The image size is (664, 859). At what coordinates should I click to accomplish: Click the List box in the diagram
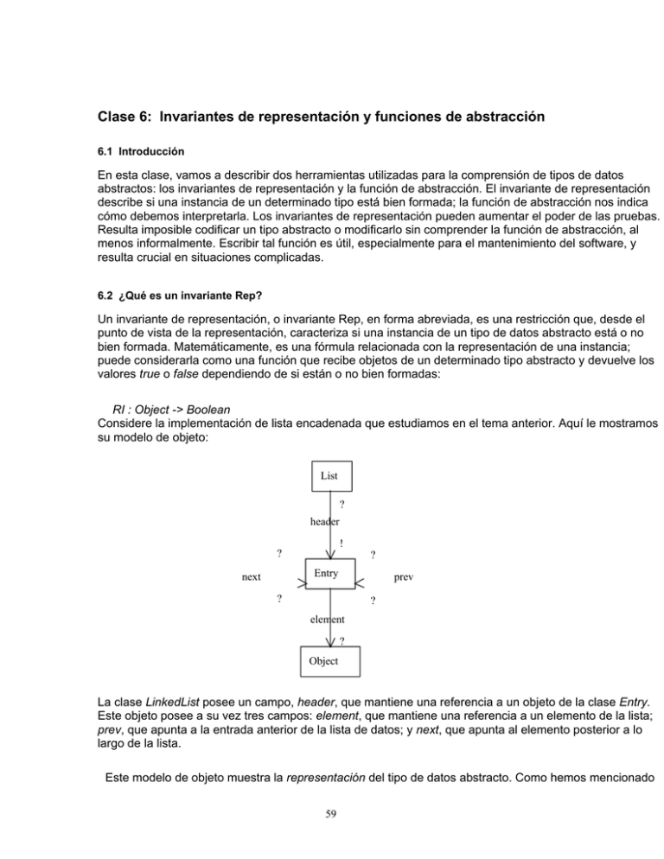click(x=329, y=475)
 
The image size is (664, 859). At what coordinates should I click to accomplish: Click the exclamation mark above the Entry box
click(x=342, y=544)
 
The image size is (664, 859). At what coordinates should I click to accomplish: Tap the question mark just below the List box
click(x=342, y=505)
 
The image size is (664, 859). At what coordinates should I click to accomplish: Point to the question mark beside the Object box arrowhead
click(x=342, y=641)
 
